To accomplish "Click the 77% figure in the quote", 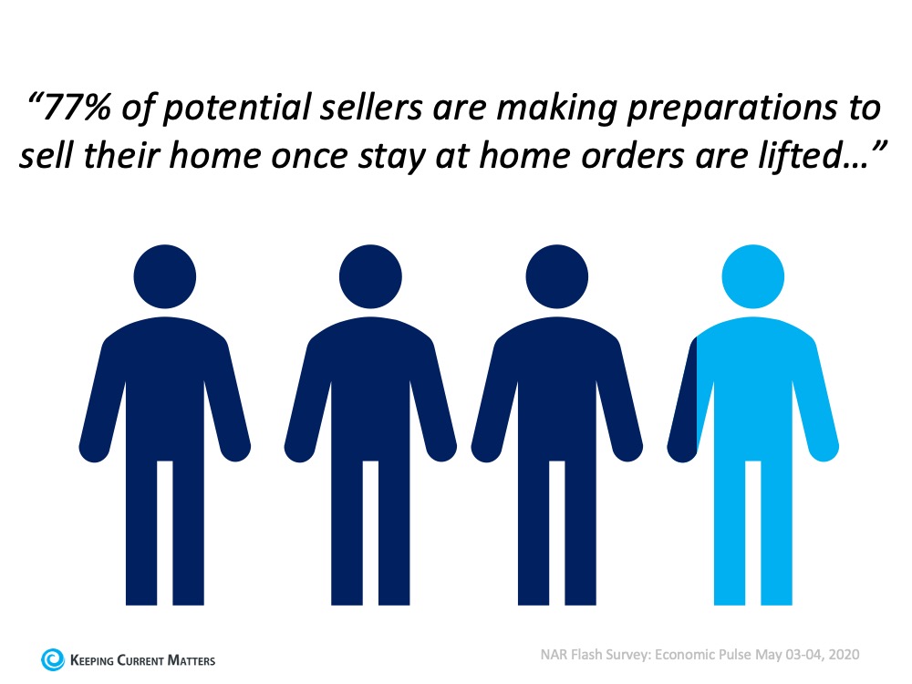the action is (x=77, y=109).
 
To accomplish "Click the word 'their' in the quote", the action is (x=122, y=156).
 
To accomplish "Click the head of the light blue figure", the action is (x=752, y=276).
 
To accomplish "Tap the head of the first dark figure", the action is (x=164, y=276).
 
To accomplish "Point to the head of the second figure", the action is (x=370, y=276).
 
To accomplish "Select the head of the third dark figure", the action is (x=556, y=276).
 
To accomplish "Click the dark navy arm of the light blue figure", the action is (x=684, y=407).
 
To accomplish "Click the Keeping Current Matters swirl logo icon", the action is (x=52, y=659).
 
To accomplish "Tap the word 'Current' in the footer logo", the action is (x=140, y=660).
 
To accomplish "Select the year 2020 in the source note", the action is (x=844, y=655).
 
